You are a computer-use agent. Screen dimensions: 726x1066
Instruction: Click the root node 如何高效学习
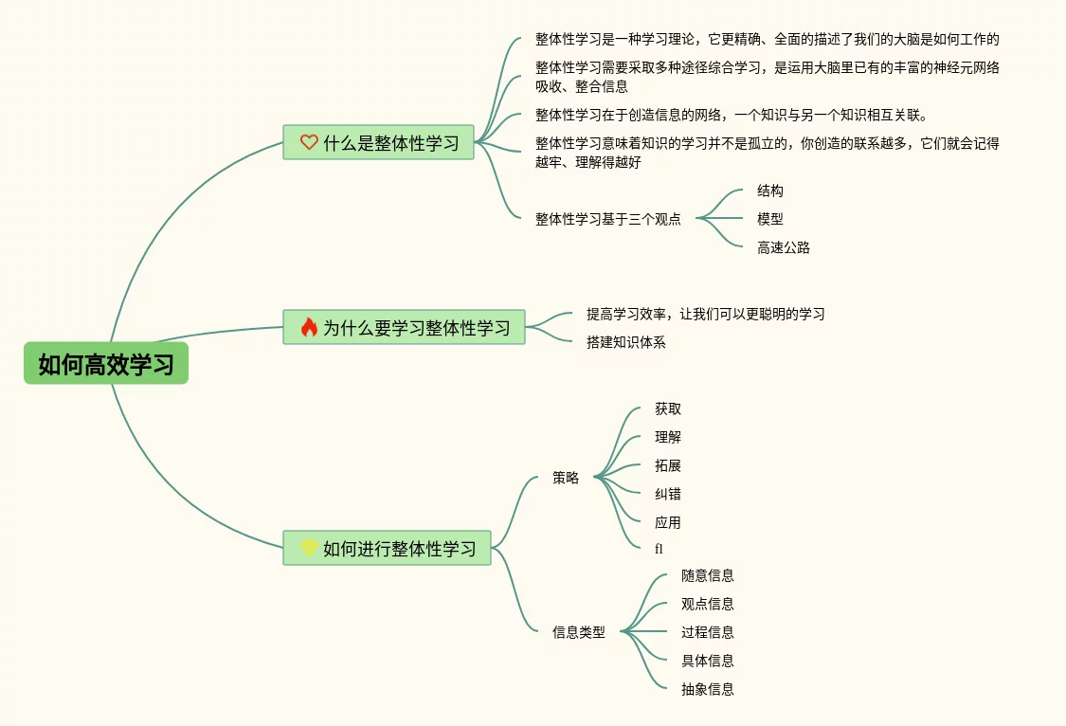point(106,364)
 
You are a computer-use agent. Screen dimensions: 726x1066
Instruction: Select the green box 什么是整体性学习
point(378,143)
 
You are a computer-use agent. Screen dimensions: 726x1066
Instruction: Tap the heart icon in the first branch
point(309,143)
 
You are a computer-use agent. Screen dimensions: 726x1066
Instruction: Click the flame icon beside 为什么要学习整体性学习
point(309,328)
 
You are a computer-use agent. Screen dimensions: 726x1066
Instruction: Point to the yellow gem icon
point(309,548)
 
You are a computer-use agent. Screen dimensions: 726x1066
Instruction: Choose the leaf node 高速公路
point(783,247)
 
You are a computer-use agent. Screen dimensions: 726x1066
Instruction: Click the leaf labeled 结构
point(769,191)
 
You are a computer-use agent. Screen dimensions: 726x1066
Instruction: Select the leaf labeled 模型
point(769,219)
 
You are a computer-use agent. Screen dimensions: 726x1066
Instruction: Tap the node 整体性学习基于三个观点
point(607,219)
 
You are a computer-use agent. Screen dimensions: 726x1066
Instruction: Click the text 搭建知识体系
point(625,342)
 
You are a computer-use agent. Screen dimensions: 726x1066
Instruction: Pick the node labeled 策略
point(566,479)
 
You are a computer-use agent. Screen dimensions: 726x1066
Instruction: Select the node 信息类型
point(578,632)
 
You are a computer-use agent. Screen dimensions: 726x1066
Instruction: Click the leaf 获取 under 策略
point(667,408)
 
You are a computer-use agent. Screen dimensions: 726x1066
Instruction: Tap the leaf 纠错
point(667,494)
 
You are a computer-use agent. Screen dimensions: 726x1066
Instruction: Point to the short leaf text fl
point(659,549)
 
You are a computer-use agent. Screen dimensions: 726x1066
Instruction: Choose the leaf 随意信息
point(707,575)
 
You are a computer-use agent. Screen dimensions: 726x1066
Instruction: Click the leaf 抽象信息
point(707,689)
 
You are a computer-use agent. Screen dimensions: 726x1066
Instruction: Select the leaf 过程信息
point(707,632)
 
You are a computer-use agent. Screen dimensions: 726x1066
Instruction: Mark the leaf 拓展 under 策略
point(667,465)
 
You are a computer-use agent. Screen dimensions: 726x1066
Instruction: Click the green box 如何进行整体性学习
point(387,548)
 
